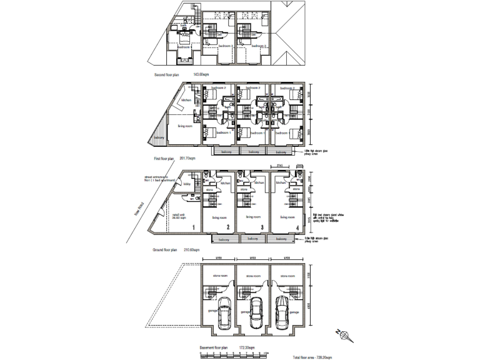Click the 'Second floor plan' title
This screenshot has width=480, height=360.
coord(167,74)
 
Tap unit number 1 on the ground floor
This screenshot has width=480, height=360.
coord(194,227)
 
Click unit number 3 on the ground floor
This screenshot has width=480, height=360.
coord(262,227)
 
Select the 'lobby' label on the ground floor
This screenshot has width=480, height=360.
coord(186,183)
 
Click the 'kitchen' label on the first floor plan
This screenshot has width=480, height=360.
coord(186,100)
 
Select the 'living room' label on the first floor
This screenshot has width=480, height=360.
coord(185,126)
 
